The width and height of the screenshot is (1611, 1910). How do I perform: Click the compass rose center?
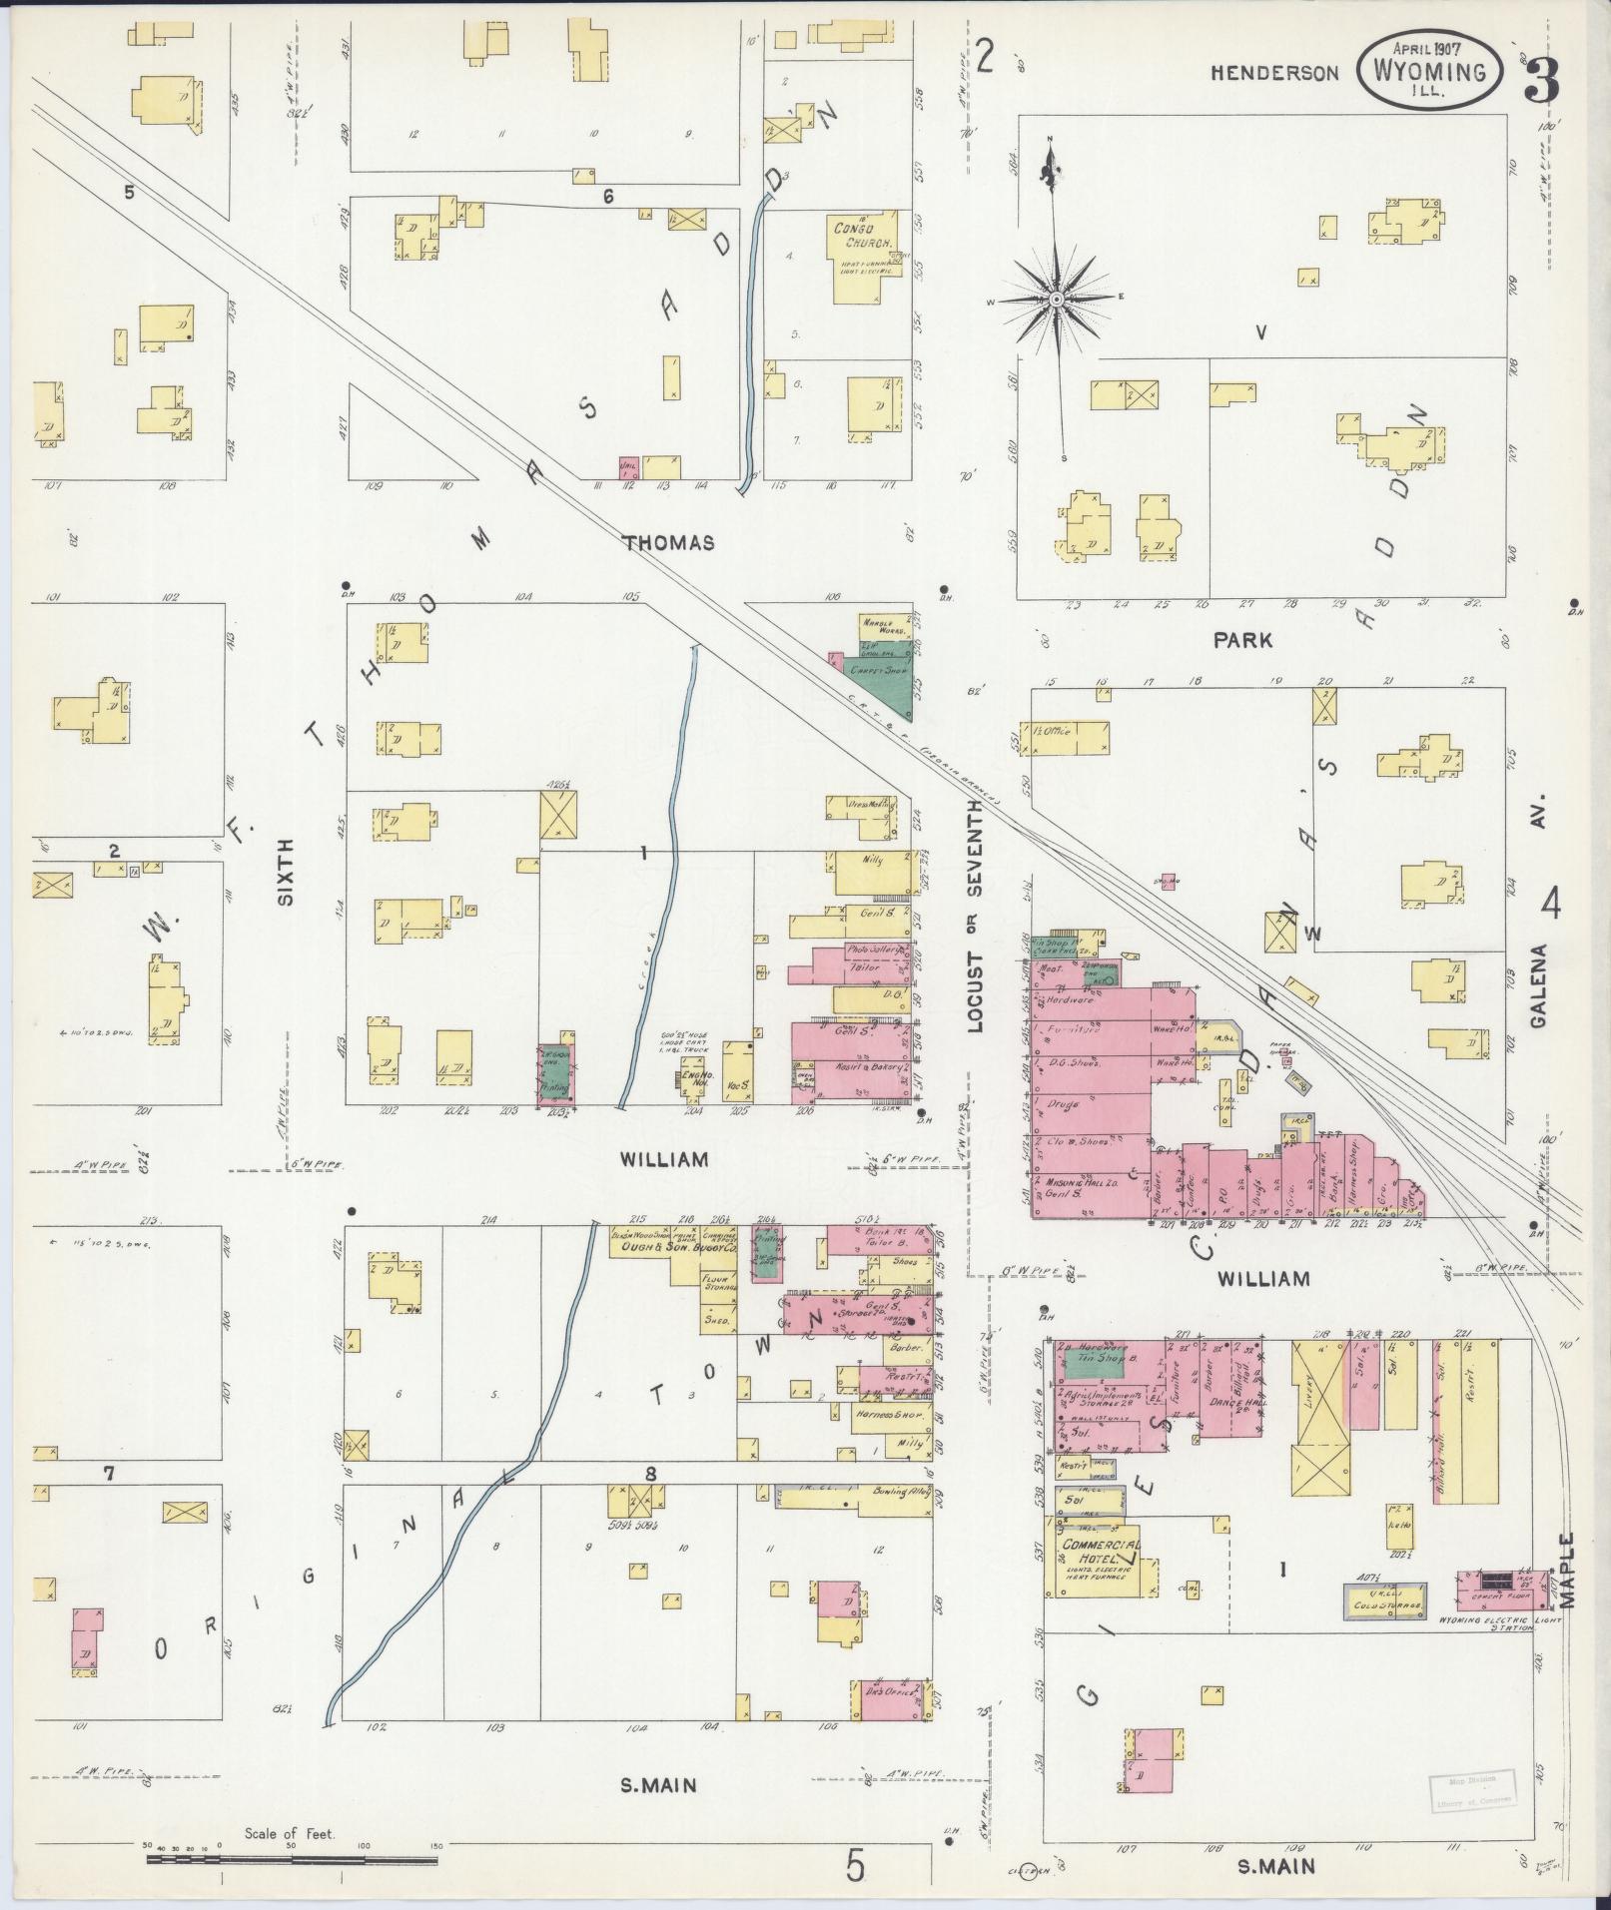[1056, 300]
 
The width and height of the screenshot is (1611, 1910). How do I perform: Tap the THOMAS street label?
[668, 543]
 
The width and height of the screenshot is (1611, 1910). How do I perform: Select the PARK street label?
[1242, 641]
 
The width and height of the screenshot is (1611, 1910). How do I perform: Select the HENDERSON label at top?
[1274, 73]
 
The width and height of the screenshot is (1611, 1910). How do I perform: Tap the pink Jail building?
[629, 466]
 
